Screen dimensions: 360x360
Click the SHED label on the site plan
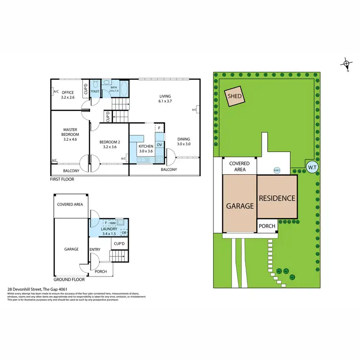(235, 96)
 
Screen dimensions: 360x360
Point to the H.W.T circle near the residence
(277, 169)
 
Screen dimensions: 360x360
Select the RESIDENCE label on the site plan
(277, 198)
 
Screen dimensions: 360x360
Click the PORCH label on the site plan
(266, 226)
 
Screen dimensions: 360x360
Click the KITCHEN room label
(145, 146)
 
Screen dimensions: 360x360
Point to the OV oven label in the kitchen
(160, 144)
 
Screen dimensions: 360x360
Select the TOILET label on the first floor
(95, 90)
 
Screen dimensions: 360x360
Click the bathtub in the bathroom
(124, 89)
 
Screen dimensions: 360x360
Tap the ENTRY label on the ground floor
(95, 250)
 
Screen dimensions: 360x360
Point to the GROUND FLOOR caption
(69, 279)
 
